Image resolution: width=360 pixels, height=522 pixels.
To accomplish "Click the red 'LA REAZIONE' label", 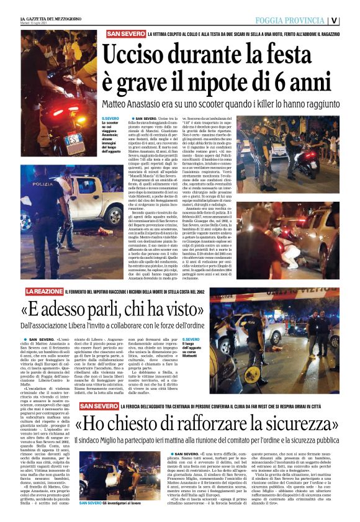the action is tap(43, 291).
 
